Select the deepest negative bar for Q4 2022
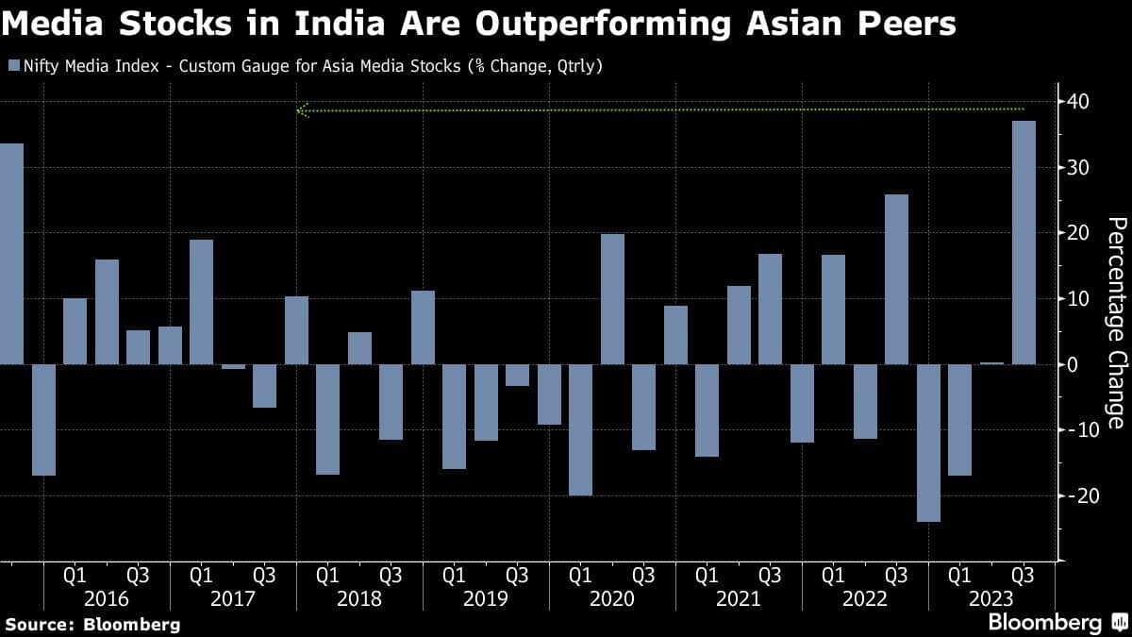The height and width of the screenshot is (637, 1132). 929,443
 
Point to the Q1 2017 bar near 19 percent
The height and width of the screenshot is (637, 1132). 201,302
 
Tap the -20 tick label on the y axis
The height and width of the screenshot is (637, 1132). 1074,495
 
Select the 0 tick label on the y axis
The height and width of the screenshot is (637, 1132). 1072,364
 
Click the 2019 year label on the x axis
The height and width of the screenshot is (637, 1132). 485,598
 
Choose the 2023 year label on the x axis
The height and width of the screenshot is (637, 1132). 990,598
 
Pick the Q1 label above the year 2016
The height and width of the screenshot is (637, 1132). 75,575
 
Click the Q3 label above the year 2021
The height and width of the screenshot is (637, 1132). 770,575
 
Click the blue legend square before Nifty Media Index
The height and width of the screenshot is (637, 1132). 13,66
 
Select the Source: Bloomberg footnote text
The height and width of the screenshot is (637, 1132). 92,624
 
